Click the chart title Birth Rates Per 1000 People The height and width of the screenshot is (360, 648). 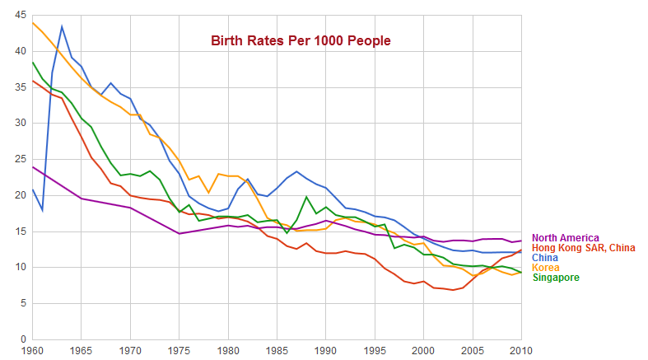[x=297, y=40]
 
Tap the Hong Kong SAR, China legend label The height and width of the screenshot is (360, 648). [x=584, y=248]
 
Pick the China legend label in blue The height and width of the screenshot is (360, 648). [x=546, y=258]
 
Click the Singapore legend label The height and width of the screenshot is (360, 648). [x=556, y=278]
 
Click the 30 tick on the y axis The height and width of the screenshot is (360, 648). [x=20, y=124]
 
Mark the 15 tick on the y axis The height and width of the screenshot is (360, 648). [x=20, y=231]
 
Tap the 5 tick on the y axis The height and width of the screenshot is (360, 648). [x=23, y=303]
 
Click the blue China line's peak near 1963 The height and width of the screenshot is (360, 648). [x=62, y=26]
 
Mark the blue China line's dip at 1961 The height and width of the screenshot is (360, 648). [x=42, y=210]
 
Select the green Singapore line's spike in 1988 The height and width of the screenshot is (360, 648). [x=306, y=197]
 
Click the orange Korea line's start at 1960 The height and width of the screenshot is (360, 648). [x=33, y=22]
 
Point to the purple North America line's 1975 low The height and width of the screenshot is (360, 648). [x=179, y=233]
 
